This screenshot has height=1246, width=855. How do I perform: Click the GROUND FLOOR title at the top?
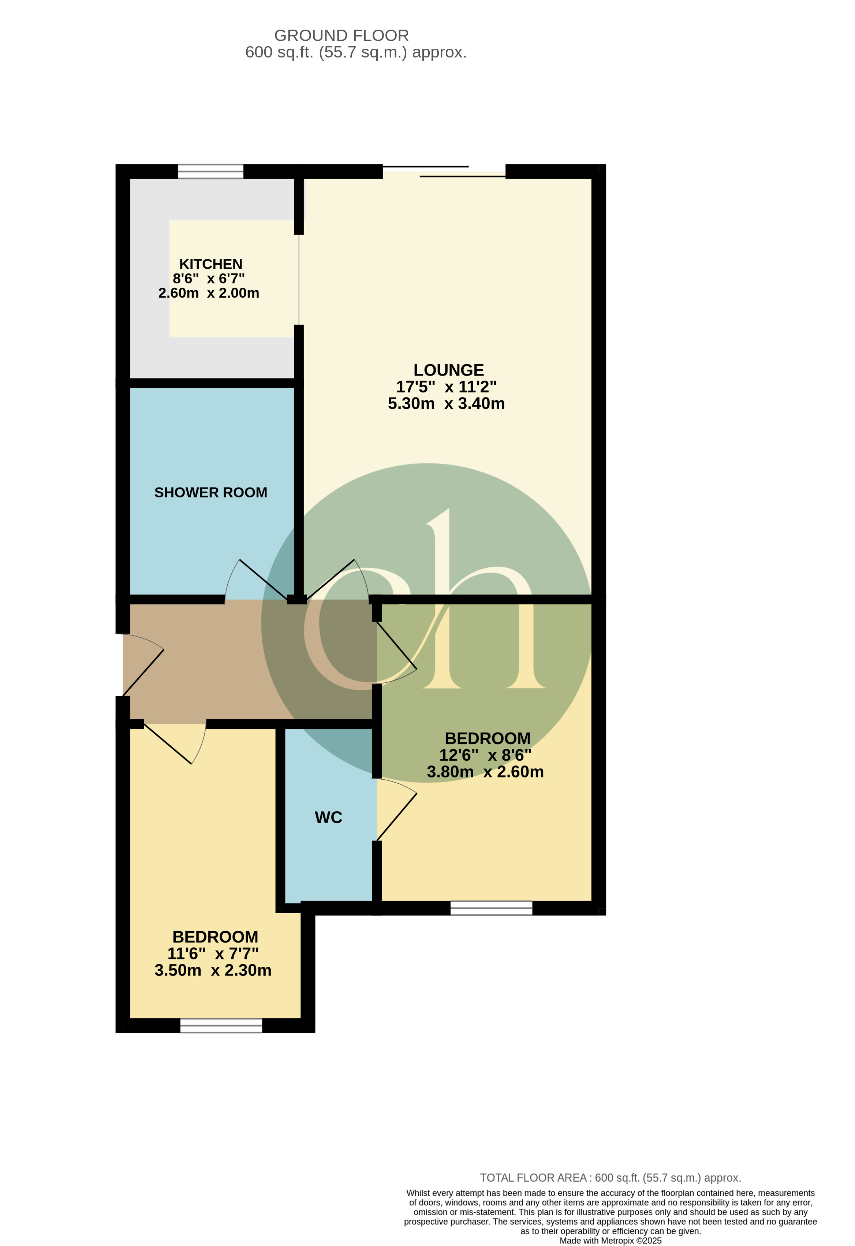click(341, 36)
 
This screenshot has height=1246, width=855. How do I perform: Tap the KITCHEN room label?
click(211, 264)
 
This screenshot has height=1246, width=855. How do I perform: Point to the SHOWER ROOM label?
click(211, 492)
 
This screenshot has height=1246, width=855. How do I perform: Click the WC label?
click(328, 817)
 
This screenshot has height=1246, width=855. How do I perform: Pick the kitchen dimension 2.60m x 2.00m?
click(209, 293)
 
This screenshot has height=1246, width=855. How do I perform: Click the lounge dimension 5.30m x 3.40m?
click(446, 403)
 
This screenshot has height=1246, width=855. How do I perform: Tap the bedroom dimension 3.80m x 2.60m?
click(485, 772)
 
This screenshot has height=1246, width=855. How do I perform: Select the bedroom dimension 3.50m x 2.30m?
click(213, 970)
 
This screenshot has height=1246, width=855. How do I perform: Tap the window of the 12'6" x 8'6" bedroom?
click(491, 908)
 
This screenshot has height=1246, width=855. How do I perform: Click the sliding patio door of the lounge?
click(444, 172)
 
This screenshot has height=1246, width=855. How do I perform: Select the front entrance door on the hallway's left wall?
click(141, 665)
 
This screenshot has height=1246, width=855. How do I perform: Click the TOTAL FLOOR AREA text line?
click(610, 1178)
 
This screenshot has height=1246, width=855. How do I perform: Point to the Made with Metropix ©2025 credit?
click(610, 1241)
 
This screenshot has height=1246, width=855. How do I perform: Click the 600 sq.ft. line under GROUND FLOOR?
click(356, 52)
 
